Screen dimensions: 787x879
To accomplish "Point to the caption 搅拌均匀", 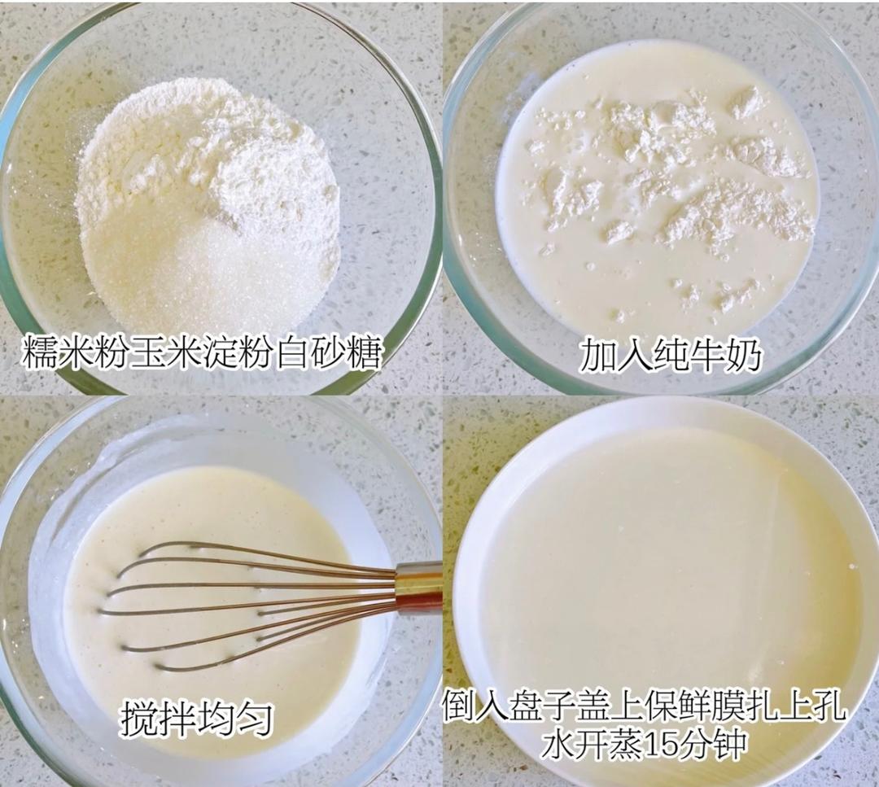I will (x=195, y=719).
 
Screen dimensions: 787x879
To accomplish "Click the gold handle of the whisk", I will (x=419, y=588).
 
